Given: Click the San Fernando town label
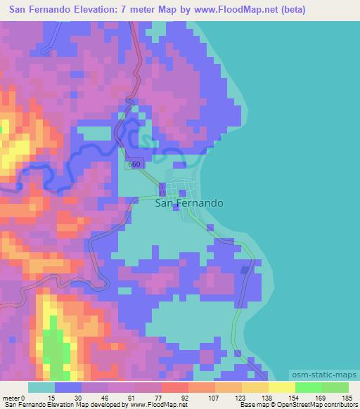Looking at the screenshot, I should coord(188,203).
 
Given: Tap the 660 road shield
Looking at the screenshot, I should coord(135,164).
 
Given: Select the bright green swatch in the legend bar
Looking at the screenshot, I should coord(308,387).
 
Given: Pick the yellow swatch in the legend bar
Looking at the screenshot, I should coord(281,387).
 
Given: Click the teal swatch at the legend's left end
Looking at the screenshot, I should coord(41,387).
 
